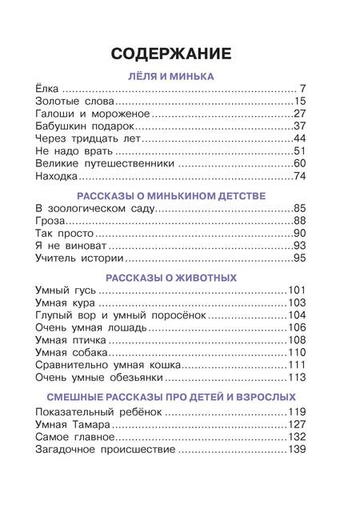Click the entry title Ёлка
coord(48,90)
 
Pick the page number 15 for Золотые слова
coord(301,102)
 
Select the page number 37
coord(301,126)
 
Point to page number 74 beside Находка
coord(301,176)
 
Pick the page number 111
coord(298,365)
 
